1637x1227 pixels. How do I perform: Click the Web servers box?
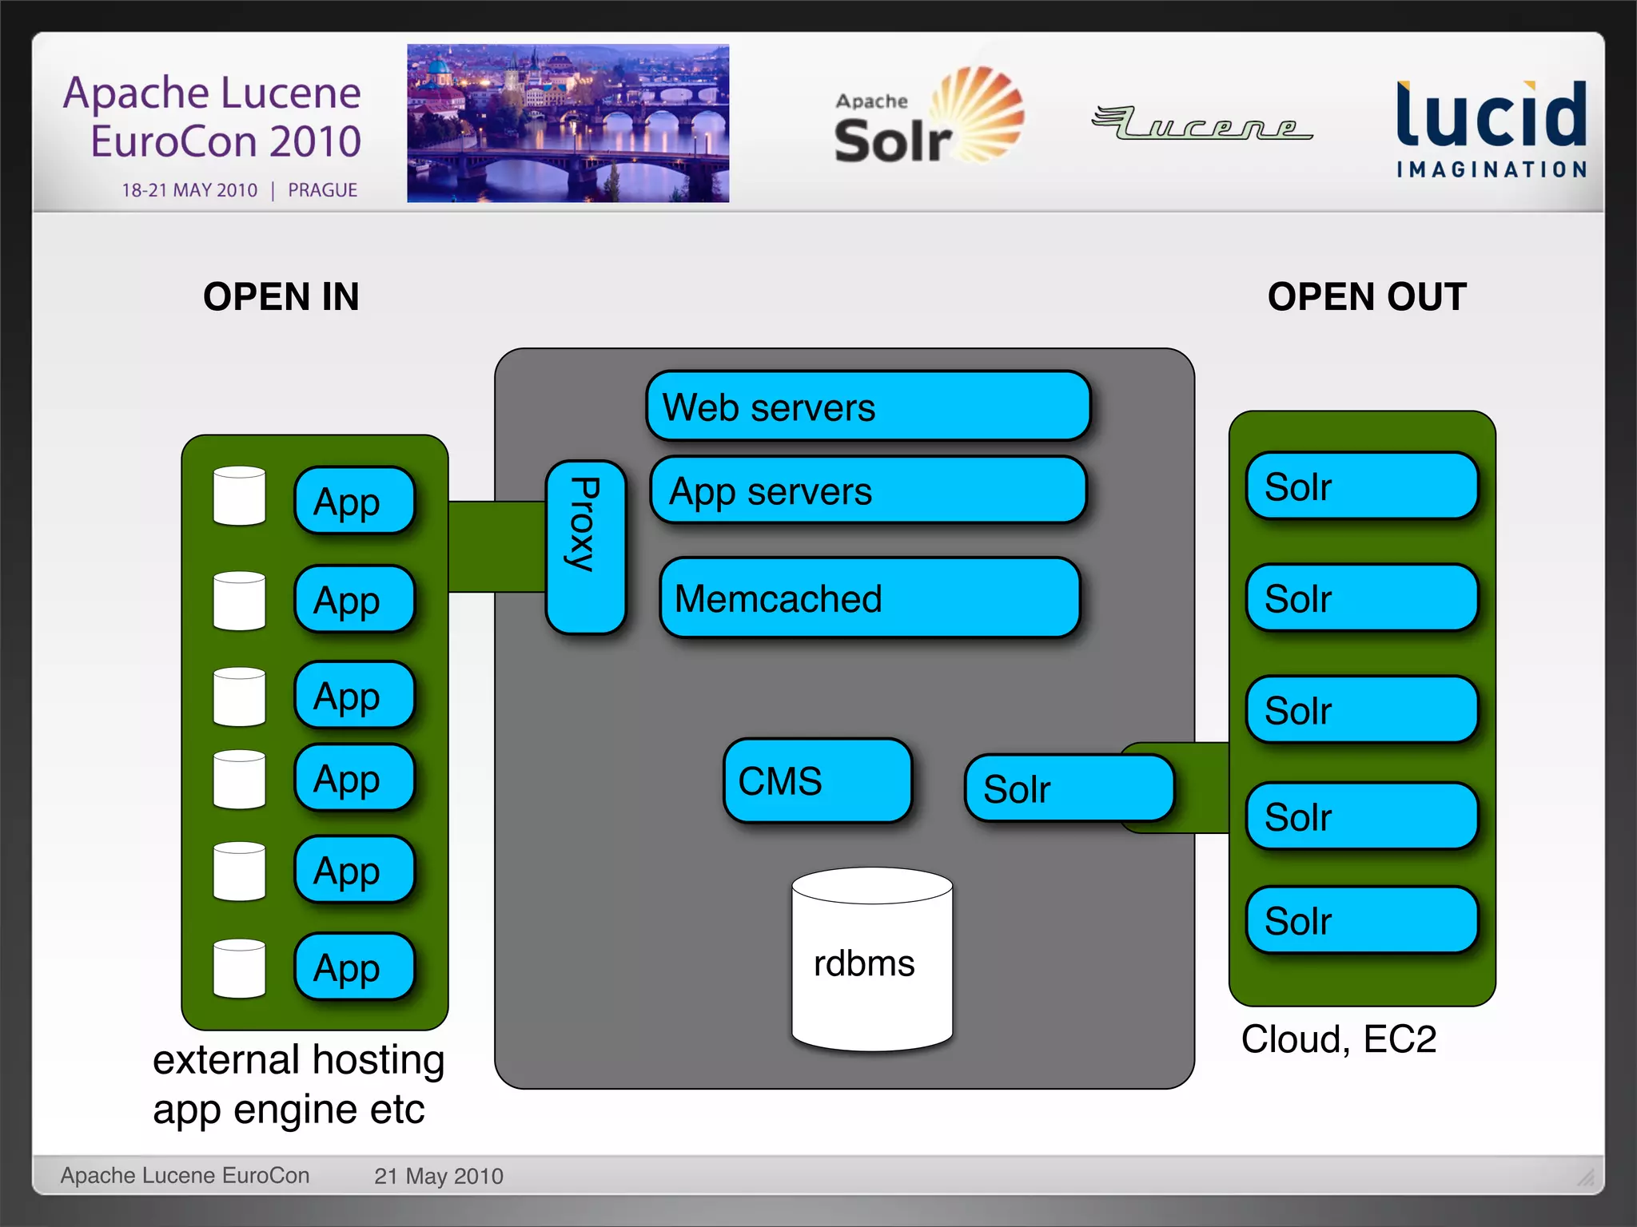pyautogui.click(x=868, y=406)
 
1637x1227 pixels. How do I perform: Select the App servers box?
pyautogui.click(x=868, y=490)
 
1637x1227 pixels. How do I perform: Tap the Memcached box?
pyautogui.click(x=870, y=598)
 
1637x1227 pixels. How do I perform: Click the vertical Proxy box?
pyautogui.click(x=586, y=547)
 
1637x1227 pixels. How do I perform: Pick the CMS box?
pyautogui.click(x=817, y=780)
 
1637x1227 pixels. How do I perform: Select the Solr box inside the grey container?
pyautogui.click(x=1068, y=788)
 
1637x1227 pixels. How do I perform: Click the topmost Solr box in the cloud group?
pyautogui.click(x=1361, y=486)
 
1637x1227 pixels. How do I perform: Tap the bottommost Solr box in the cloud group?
pyautogui.click(x=1361, y=920)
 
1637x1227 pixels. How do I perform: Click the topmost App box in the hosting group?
pyautogui.click(x=354, y=501)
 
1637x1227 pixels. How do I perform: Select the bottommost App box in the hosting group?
pyautogui.click(x=354, y=967)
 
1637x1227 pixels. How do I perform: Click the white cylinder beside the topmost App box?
pyautogui.click(x=239, y=496)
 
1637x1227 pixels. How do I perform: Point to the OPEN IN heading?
pyautogui.click(x=281, y=296)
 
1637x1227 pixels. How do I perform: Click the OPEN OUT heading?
pyautogui.click(x=1367, y=296)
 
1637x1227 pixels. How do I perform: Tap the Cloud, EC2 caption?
pyautogui.click(x=1338, y=1038)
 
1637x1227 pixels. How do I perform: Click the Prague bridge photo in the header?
pyautogui.click(x=568, y=123)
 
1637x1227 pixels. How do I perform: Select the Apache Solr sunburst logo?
pyautogui.click(x=927, y=117)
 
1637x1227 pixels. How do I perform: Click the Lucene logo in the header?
pyautogui.click(x=1201, y=123)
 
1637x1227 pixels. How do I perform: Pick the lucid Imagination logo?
pyautogui.click(x=1491, y=128)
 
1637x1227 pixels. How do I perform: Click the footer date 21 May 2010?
pyautogui.click(x=438, y=1176)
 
